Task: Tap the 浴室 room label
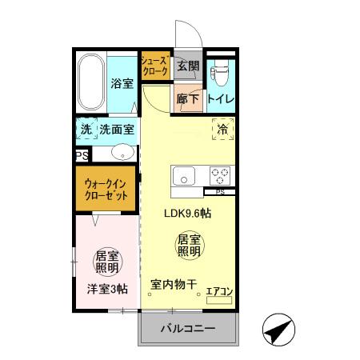[x=122, y=82]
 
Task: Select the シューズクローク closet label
[x=154, y=65]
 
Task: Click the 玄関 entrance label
[x=187, y=66]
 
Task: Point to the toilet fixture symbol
[x=219, y=74]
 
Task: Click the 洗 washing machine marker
[x=85, y=129]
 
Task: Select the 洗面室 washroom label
[x=117, y=129]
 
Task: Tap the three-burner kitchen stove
[x=221, y=174]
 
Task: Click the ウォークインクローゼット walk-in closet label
[x=107, y=189]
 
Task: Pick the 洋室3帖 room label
[x=106, y=289]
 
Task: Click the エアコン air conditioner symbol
[x=218, y=293]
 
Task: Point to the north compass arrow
[x=276, y=328]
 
